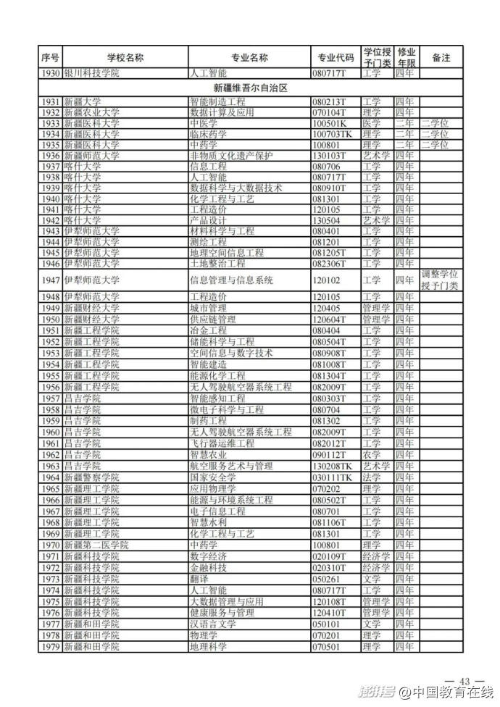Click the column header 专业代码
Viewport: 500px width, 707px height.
pos(336,57)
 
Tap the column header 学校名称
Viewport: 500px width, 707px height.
pos(125,57)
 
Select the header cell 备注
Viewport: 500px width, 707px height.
pos(441,57)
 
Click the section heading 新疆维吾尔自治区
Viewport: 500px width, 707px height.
pos(251,88)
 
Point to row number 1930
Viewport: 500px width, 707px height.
pos(50,73)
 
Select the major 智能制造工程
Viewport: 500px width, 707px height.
pos(217,102)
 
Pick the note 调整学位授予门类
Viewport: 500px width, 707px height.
pos(441,280)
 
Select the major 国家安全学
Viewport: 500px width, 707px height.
pos(212,478)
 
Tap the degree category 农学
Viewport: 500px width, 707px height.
pos(371,454)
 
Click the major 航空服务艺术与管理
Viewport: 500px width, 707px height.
pos(231,466)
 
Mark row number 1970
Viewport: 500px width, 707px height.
pos(50,545)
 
